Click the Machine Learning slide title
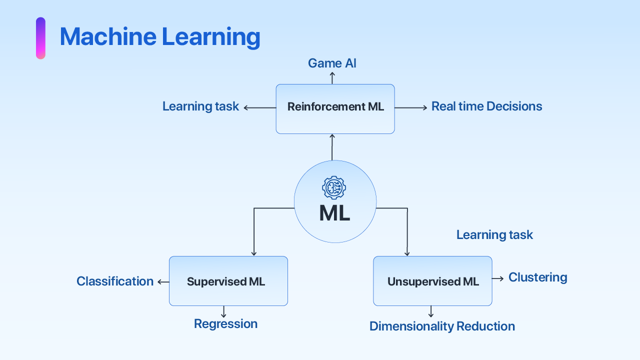(159, 37)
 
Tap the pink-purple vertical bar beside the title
(40, 38)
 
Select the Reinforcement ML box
(335, 108)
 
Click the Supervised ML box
(228, 281)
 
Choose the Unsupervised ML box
(432, 281)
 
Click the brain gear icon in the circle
(334, 188)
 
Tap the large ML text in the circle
(334, 213)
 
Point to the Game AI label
(332, 63)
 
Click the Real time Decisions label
(486, 106)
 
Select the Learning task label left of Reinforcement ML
(200, 106)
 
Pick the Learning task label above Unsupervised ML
(494, 235)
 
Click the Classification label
(115, 281)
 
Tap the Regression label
(225, 324)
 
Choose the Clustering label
(537, 277)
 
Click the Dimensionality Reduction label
(442, 326)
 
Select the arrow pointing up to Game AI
(332, 77)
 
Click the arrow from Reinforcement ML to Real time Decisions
(411, 107)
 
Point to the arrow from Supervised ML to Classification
(163, 282)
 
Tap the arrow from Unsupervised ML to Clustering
(498, 278)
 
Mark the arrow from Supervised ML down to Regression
(223, 312)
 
